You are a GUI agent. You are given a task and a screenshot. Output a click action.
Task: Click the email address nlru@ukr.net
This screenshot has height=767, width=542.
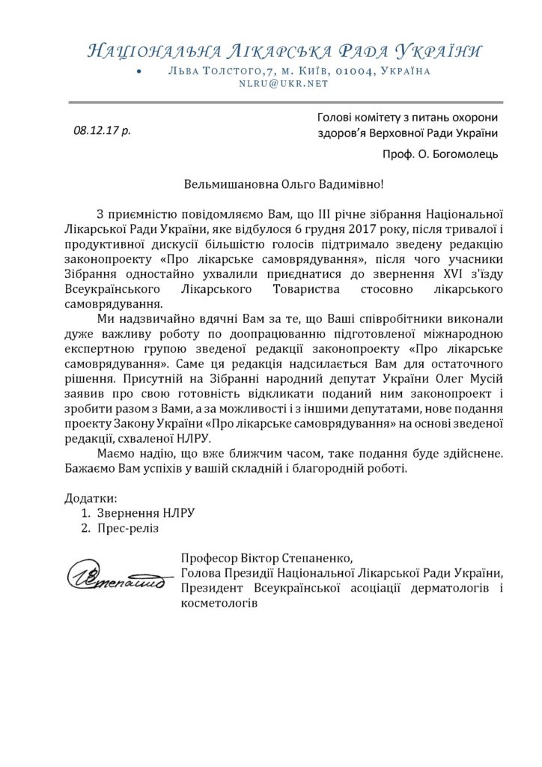click(284, 84)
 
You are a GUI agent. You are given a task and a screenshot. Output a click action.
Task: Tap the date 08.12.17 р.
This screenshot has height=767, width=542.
click(102, 130)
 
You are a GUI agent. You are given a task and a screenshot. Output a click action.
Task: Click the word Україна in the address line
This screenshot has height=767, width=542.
click(405, 70)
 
